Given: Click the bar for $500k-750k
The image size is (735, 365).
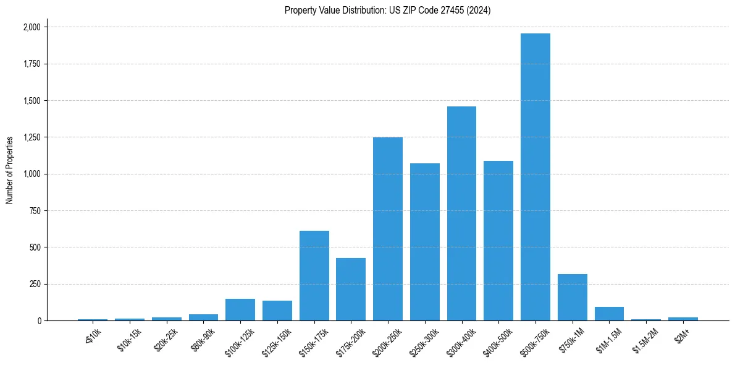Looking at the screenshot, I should point(535,177).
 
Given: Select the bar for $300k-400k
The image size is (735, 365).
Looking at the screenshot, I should point(461,213).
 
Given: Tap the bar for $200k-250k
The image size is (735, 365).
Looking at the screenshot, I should point(388,229).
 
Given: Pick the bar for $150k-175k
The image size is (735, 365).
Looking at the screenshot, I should point(314,275).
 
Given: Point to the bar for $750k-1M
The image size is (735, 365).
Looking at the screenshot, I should point(573,297).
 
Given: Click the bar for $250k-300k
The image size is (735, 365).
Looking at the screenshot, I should point(425,242).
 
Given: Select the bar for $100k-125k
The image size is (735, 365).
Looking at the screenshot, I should point(240,309).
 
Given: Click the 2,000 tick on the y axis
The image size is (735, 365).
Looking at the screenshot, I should point(31,27).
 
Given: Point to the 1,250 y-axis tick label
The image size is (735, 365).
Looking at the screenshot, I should point(31,137).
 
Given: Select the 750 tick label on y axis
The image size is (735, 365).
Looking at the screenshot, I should point(35,211).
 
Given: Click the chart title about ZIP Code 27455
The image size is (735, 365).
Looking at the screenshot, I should point(387,11).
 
